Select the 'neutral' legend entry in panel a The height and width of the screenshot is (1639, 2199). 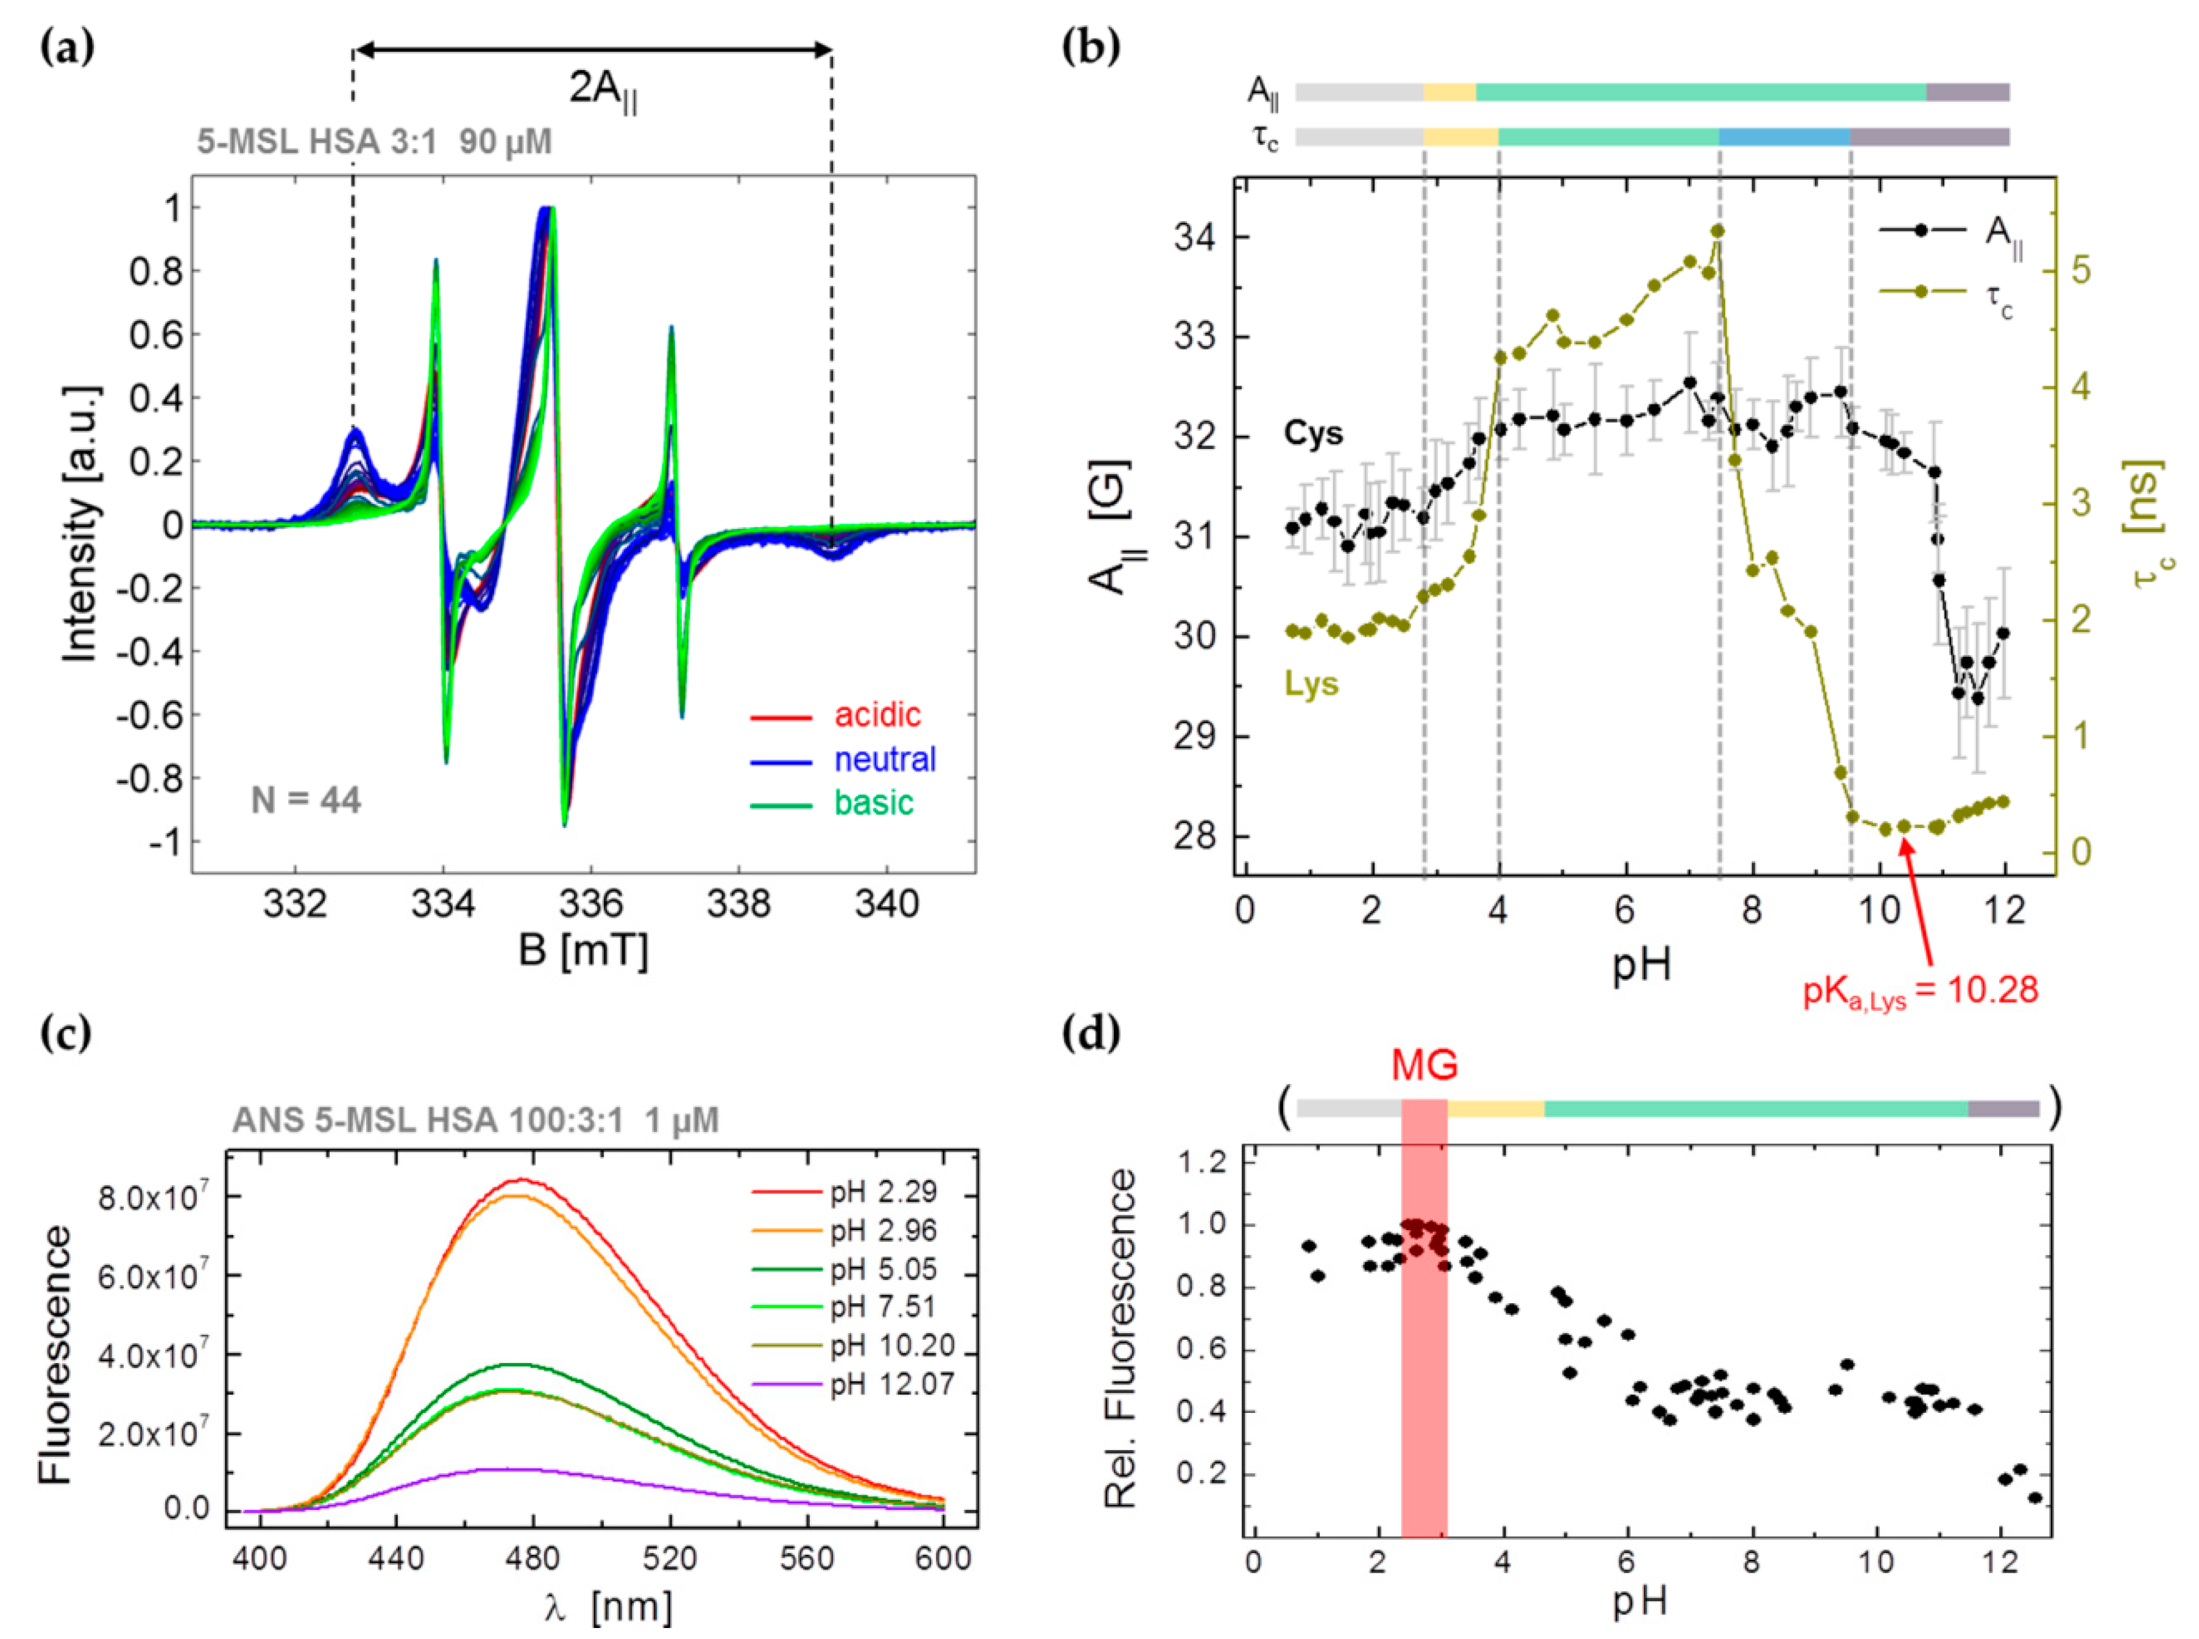[883, 759]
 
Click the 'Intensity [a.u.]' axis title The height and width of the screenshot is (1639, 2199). [81, 524]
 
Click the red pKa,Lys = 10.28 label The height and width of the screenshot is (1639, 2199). [1921, 990]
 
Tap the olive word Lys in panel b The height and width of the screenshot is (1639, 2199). [1311, 685]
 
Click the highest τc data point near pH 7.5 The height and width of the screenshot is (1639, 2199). [1718, 231]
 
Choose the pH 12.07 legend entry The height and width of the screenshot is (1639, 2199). [891, 1384]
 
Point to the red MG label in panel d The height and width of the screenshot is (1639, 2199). [1425, 1064]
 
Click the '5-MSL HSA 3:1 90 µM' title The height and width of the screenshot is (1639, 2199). [374, 142]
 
